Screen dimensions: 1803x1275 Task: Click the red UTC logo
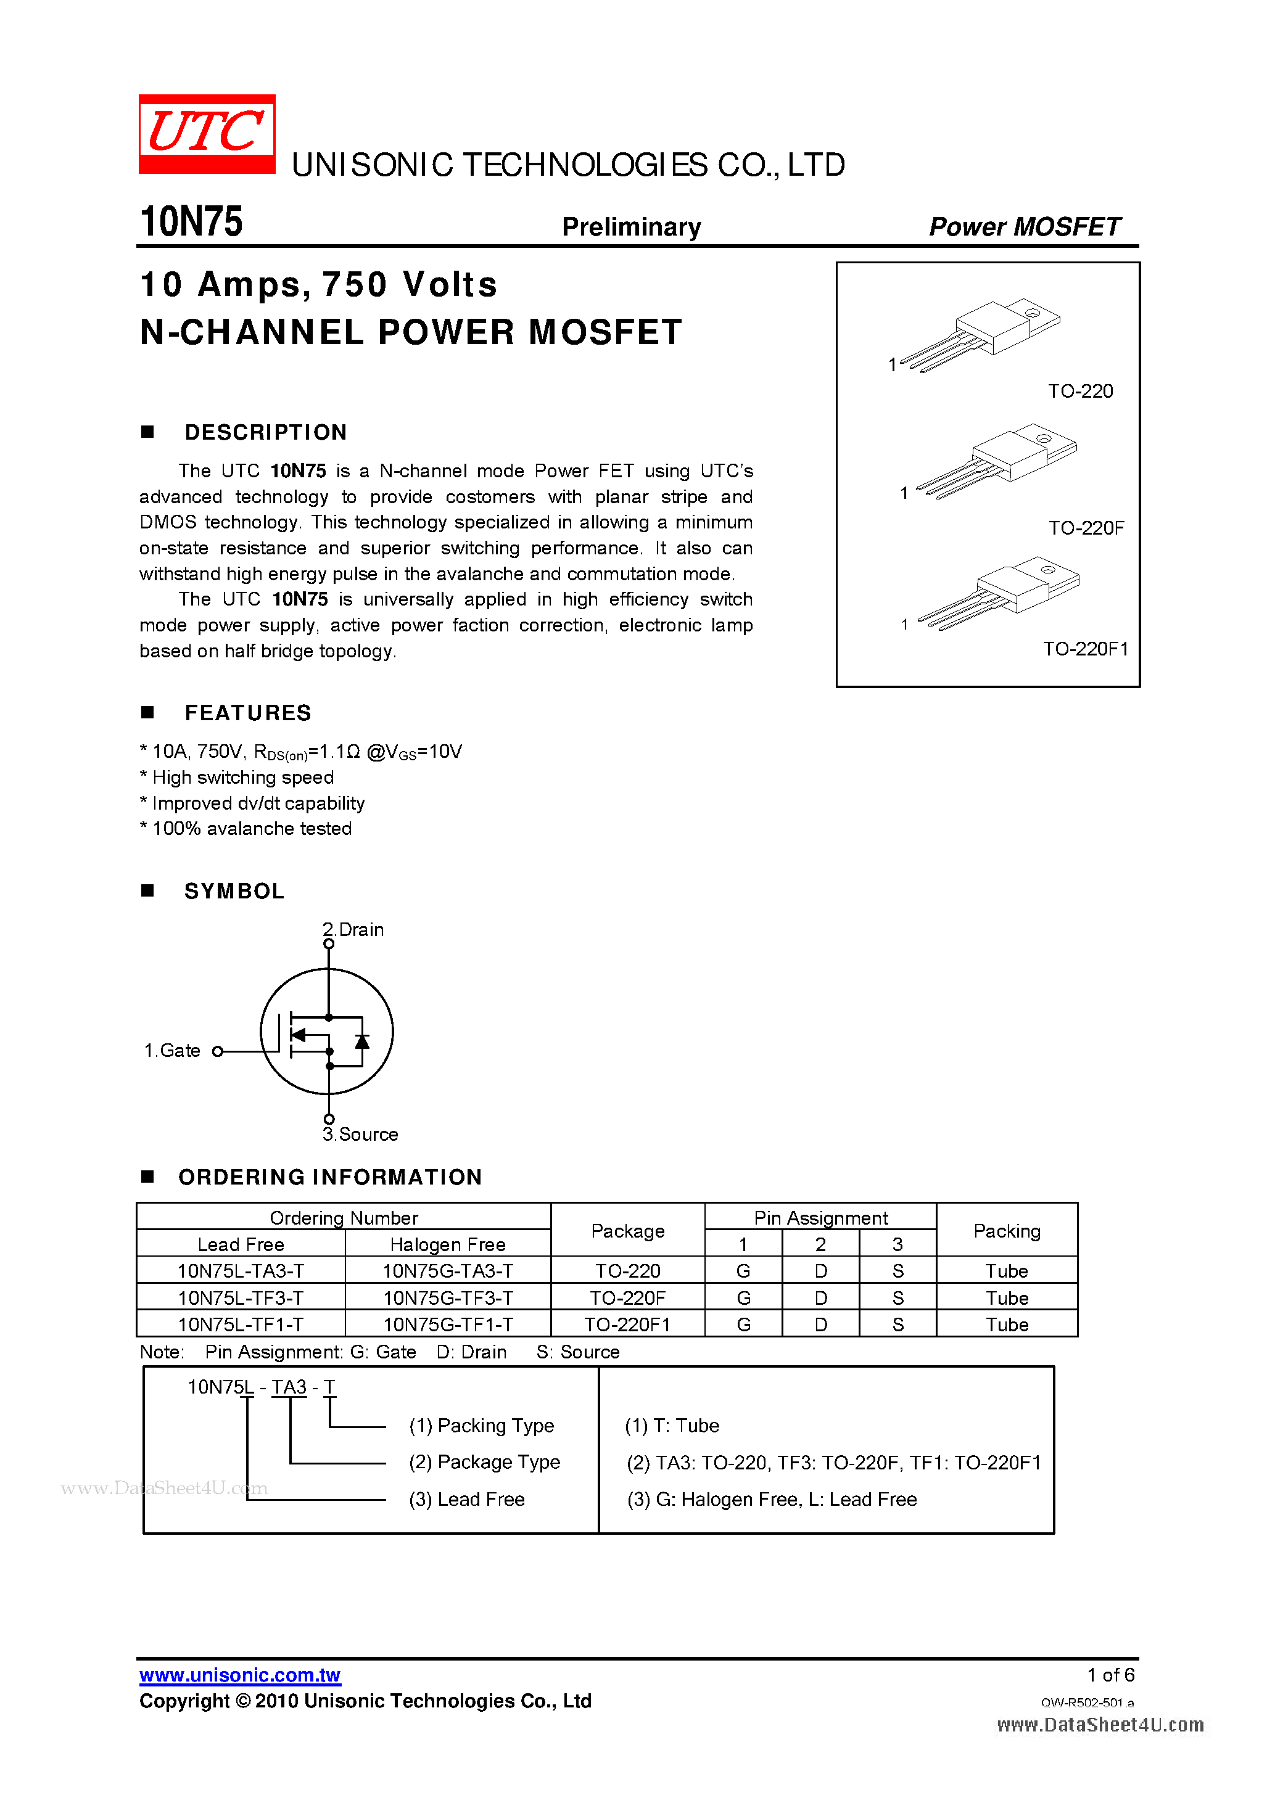tap(207, 133)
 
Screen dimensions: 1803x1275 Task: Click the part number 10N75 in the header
tap(191, 222)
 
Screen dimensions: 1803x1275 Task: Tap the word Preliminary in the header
tap(631, 227)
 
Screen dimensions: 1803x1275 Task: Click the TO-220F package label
tap(1086, 528)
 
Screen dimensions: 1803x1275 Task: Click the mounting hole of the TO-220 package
tap(1032, 313)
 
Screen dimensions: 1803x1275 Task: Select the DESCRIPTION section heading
tap(265, 433)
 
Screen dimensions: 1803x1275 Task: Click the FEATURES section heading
tap(247, 713)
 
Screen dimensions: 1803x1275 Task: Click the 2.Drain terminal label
tap(354, 930)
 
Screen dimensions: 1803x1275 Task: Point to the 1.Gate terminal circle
tap(218, 1051)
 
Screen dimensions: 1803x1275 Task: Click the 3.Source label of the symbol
tap(361, 1135)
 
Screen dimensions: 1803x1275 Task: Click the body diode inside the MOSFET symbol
tap(362, 1041)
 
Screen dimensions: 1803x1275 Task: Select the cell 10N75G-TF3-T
tap(448, 1298)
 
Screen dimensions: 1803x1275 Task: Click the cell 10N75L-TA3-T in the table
tap(241, 1271)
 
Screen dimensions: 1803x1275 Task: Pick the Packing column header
tap(1006, 1231)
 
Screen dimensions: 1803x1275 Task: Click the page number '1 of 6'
tap(1110, 1675)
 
